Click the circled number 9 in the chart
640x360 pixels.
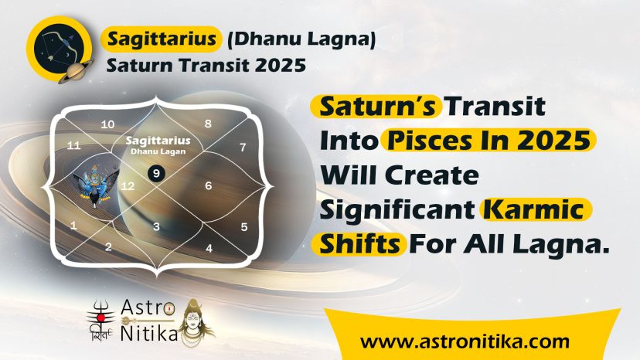coord(156,174)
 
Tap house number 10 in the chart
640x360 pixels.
coord(107,124)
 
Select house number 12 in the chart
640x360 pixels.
coord(128,186)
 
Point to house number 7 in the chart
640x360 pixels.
coord(243,147)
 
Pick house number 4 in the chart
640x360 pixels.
coord(209,248)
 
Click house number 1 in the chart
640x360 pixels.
coord(73,226)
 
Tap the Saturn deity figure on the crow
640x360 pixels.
coord(96,185)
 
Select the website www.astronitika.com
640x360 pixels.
coord(465,341)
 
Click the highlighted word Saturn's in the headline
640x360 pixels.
coord(376,106)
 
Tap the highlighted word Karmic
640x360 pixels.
coord(536,209)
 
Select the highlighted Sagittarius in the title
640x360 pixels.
coord(162,39)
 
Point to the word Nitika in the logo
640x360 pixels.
coord(149,334)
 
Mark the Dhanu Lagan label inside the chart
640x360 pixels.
coord(158,151)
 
